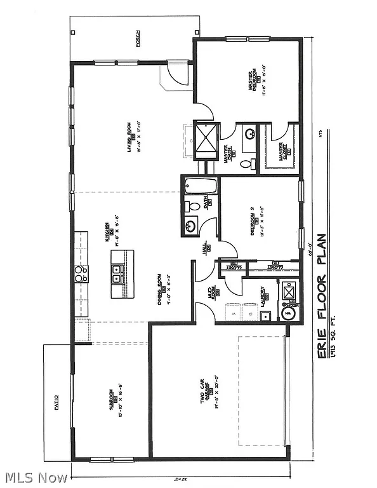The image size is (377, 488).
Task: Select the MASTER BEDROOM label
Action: (252, 84)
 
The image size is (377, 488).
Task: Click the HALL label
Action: (206, 250)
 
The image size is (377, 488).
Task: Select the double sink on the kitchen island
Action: (117, 274)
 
